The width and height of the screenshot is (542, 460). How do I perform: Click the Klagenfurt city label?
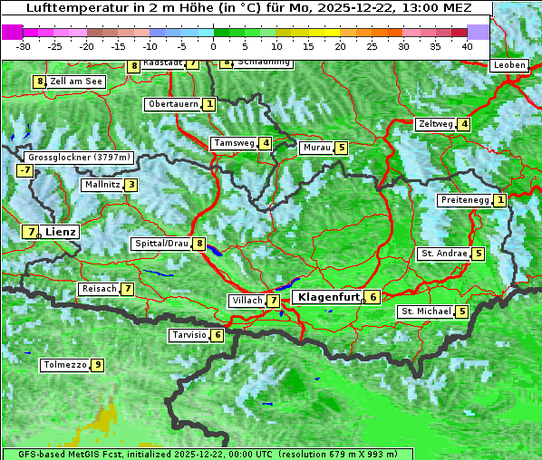coord(327,296)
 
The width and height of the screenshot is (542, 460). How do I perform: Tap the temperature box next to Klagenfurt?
coord(373,296)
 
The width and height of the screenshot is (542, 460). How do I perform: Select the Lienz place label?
coord(61,232)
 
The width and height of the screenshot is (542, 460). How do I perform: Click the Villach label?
coord(247,301)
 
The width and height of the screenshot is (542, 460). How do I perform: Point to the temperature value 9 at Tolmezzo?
coord(97,366)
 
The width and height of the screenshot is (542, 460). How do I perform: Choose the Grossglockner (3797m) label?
coord(79,158)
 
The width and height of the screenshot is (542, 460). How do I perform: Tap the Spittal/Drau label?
coord(161,244)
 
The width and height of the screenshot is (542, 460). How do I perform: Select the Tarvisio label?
coord(189,335)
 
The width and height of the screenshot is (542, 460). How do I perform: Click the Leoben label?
coord(509,65)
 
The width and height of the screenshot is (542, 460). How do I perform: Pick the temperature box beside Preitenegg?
coord(499,200)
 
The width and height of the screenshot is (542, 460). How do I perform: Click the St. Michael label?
coord(425,311)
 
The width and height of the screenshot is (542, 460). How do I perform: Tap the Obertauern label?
coord(172,104)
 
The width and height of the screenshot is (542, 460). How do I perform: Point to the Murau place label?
coord(315,148)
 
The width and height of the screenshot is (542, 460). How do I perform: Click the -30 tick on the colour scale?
coord(24,45)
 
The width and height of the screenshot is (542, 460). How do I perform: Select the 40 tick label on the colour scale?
coord(467,45)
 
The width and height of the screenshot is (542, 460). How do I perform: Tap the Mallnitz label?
coord(101,185)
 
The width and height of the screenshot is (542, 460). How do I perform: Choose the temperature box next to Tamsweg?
coord(266,143)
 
